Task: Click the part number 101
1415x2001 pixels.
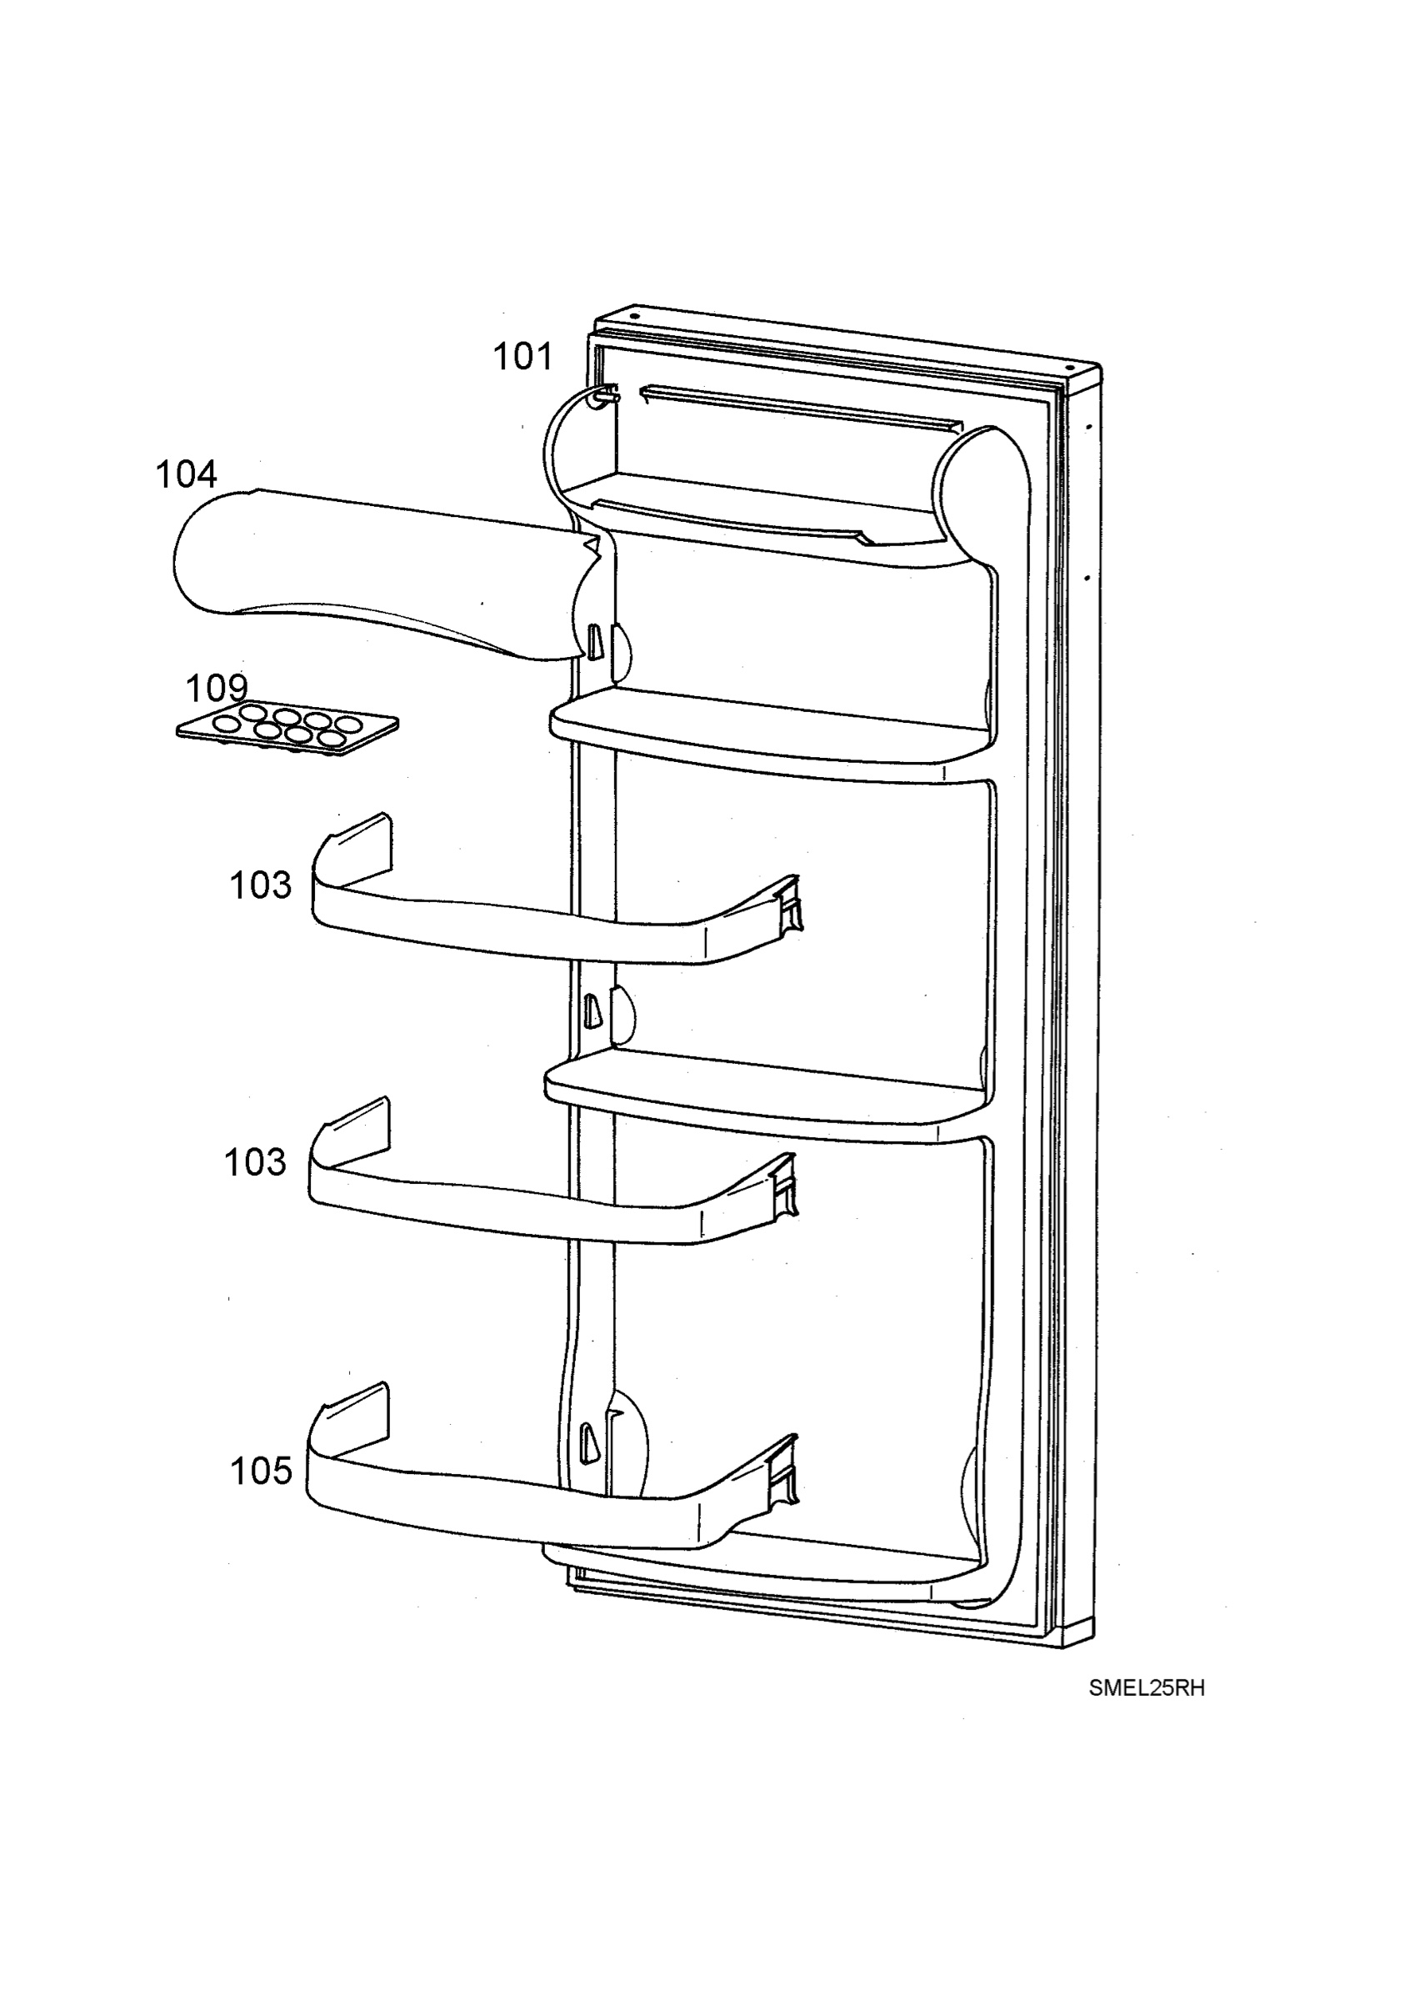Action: tap(522, 357)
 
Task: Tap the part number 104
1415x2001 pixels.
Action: tap(186, 474)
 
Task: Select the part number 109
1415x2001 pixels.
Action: tap(217, 689)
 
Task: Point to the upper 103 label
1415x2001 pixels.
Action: tap(261, 885)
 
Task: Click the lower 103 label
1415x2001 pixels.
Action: tap(255, 1162)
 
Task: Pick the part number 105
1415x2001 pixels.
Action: tap(261, 1472)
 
